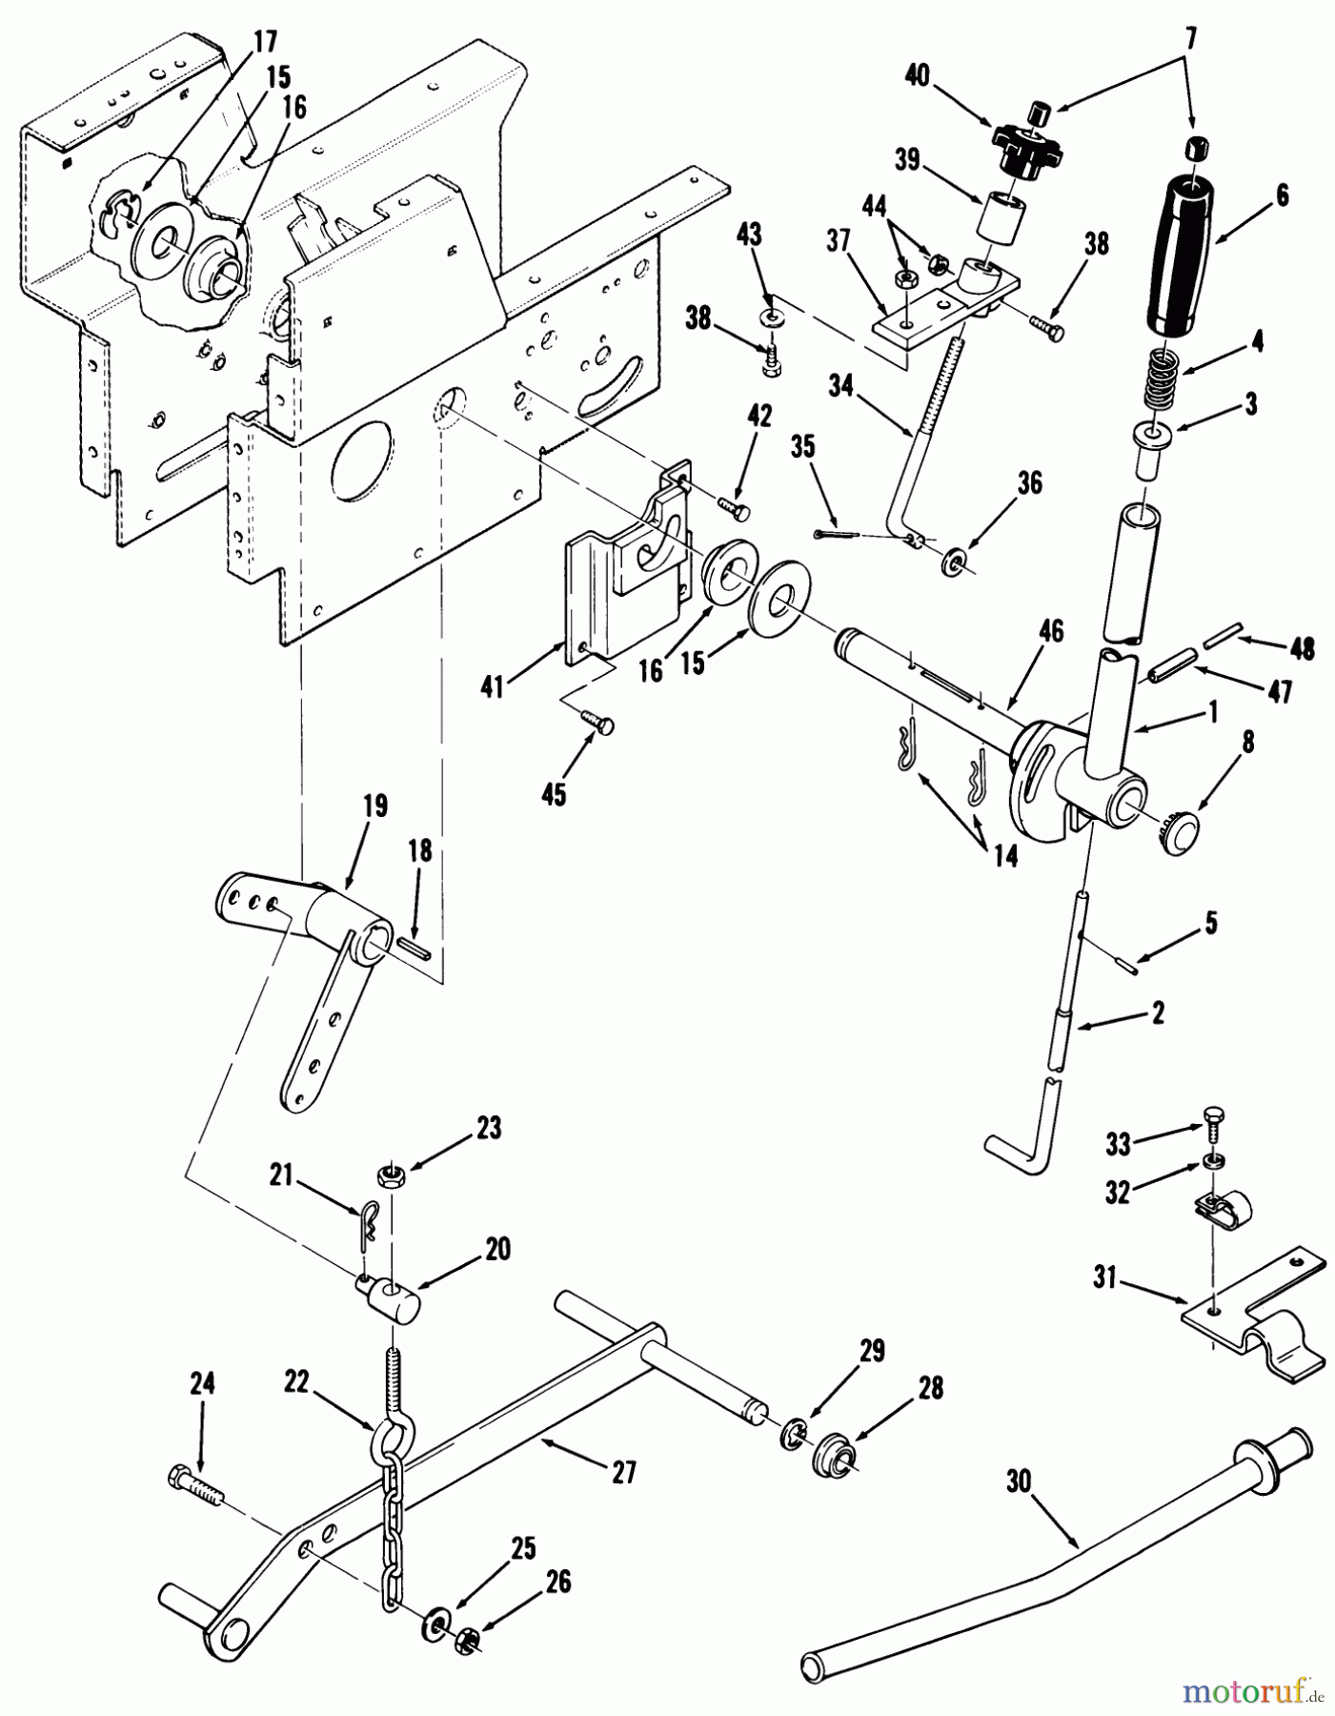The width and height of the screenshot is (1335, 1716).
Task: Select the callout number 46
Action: (x=1051, y=631)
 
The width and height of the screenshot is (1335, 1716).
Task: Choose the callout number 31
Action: (x=1104, y=1277)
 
